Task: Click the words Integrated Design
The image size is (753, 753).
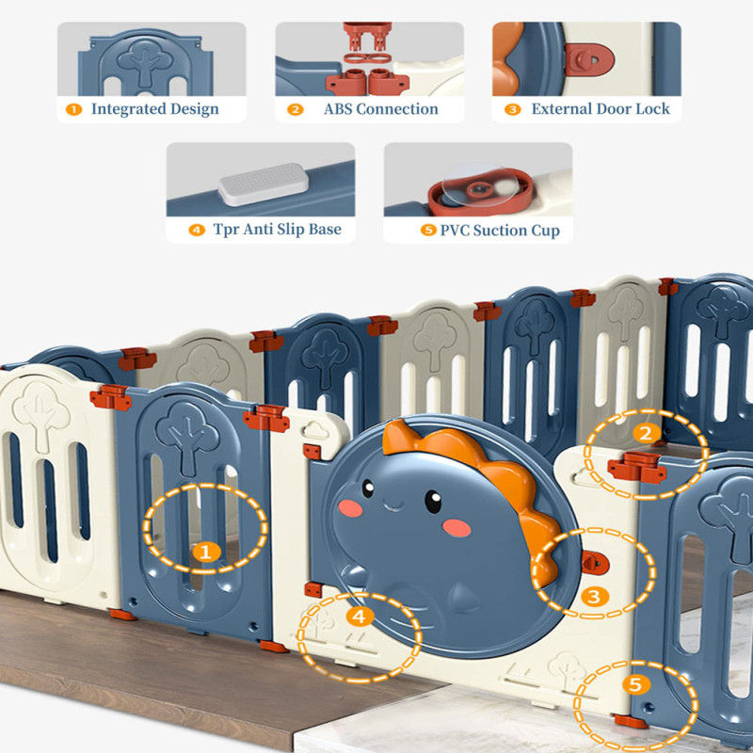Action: [x=154, y=109]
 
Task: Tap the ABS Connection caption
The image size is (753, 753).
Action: [x=380, y=109]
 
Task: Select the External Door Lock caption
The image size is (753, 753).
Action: [x=600, y=109]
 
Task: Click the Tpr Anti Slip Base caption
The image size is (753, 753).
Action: [x=277, y=230]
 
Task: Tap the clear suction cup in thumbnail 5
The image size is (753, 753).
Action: [x=480, y=189]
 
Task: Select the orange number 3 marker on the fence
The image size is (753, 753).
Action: [x=592, y=596]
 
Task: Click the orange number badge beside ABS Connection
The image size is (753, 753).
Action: [x=296, y=109]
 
